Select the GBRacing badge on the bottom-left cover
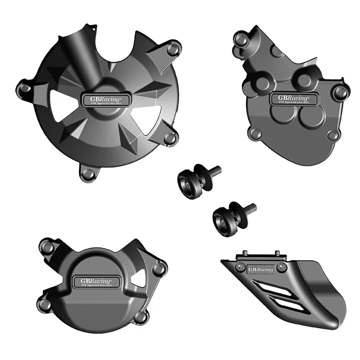tap(96, 282)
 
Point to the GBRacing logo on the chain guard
tap(261, 269)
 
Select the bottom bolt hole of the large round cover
tap(88, 173)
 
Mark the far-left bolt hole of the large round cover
tap(23, 88)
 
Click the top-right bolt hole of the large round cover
tap(173, 49)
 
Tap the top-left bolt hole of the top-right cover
tap(241, 38)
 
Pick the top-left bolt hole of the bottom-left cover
tap(47, 246)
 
